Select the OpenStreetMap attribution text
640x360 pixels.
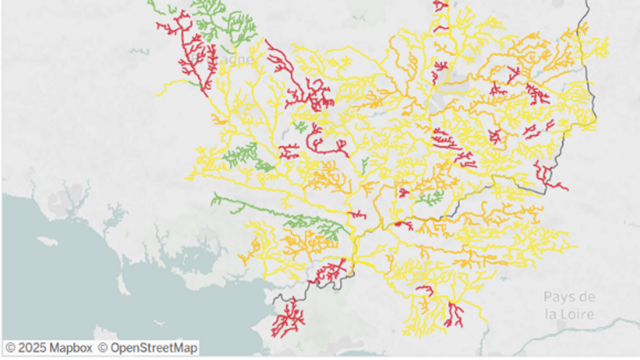(154, 347)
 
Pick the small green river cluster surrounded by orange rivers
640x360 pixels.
(431, 198)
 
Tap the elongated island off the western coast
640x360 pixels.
(47, 241)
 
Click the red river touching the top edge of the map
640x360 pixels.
(440, 6)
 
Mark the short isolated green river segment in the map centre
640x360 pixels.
(364, 164)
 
